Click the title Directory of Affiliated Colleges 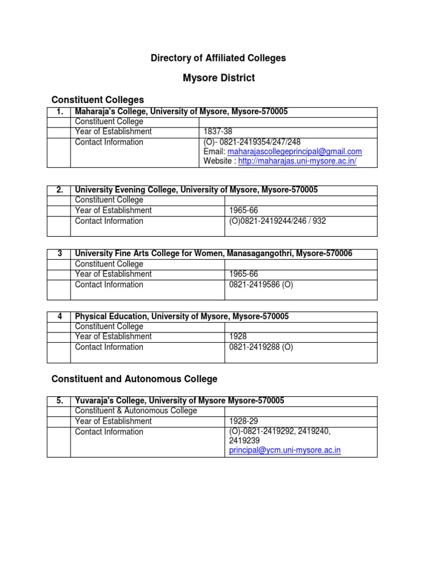tap(218, 58)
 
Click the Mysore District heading tap(218, 78)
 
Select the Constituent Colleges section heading tap(98, 100)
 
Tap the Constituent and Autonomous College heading tap(134, 379)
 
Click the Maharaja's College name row tap(182, 112)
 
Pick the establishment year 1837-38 tap(218, 132)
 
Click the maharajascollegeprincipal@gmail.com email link tap(294, 151)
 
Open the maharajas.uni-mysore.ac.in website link tap(297, 162)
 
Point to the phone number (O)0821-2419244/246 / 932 tap(277, 221)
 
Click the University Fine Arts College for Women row tap(213, 253)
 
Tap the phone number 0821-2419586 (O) tap(261, 284)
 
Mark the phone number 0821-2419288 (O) tap(261, 347)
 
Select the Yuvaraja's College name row tap(180, 401)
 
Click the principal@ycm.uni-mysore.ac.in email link tap(285, 450)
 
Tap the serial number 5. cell tap(60, 401)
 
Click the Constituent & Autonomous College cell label tap(136, 411)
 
